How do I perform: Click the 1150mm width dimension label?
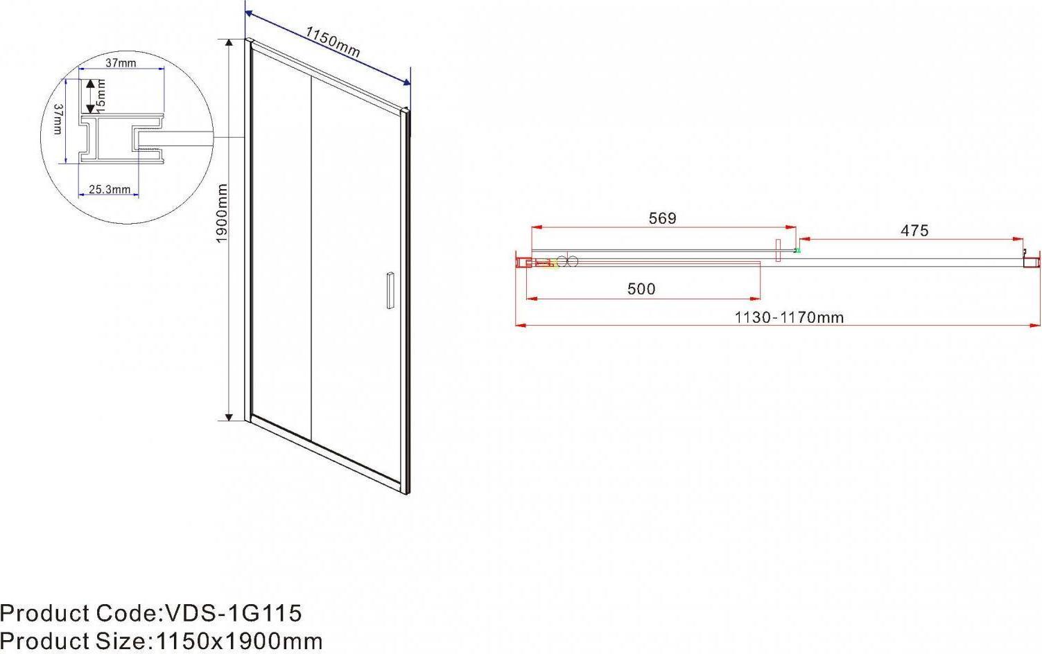tap(333, 42)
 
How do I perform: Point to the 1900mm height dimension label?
tap(222, 213)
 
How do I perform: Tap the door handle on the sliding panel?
tap(390, 290)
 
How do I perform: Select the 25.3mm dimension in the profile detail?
tap(110, 190)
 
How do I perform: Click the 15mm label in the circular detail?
tap(101, 96)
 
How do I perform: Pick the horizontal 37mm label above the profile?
tap(121, 63)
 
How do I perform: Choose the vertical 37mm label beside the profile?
tap(58, 119)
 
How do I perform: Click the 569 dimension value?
tap(662, 218)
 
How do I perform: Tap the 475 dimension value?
tap(914, 231)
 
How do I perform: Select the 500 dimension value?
tap(641, 289)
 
